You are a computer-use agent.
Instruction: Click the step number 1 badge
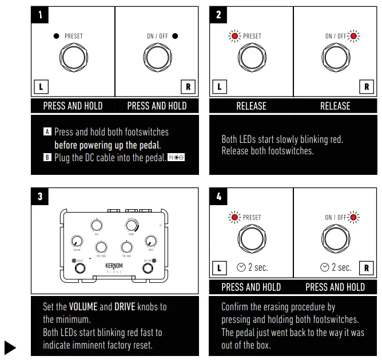[40, 15]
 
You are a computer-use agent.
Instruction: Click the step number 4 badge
[218, 197]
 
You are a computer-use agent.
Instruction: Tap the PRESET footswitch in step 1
[73, 58]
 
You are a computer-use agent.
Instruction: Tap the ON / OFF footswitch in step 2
[336, 58]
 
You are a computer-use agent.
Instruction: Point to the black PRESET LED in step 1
[56, 36]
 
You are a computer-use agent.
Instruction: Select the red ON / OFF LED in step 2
[355, 37]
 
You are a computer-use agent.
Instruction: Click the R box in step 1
[188, 87]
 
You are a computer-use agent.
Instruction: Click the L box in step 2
[219, 87]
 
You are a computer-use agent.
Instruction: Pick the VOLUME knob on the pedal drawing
[77, 242]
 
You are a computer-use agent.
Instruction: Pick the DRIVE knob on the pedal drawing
[151, 241]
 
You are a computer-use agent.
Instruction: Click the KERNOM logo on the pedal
[114, 266]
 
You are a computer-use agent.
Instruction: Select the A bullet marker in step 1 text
[47, 132]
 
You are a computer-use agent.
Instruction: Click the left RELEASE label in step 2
[251, 106]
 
